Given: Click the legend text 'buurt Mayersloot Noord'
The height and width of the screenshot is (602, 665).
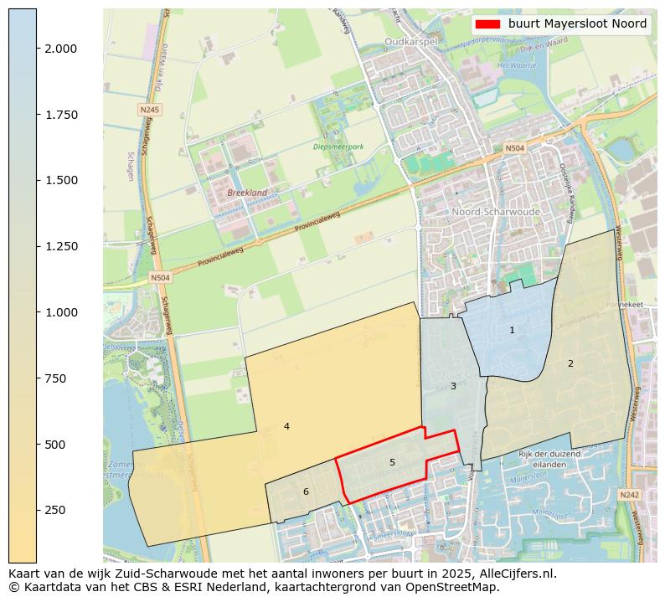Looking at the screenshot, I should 577,24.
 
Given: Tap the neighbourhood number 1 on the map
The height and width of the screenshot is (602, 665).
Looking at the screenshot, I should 513,331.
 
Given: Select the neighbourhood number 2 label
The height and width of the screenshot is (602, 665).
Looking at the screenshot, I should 570,363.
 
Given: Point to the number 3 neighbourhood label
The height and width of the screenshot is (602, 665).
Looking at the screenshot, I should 453,386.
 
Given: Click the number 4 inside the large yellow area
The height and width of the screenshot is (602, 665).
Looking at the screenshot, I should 286,426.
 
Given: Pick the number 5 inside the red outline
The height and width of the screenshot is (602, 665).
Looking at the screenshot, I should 392,462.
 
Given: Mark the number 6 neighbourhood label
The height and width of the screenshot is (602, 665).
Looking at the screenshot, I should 306,491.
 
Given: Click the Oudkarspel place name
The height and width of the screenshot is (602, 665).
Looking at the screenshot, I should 407,41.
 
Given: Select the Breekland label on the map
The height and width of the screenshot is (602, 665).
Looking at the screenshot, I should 247,193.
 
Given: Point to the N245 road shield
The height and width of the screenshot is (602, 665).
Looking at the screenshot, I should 150,110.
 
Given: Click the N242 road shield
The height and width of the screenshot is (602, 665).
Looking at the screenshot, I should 629,495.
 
